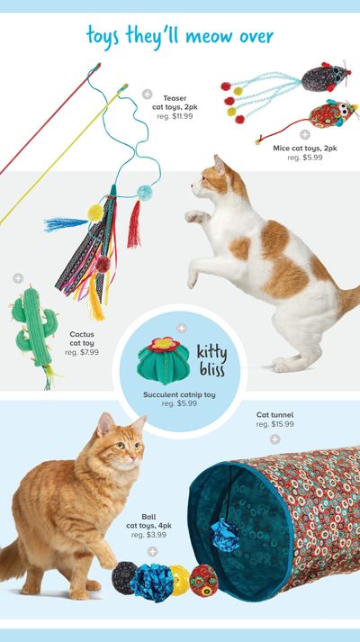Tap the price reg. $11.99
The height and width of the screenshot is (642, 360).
click(175, 116)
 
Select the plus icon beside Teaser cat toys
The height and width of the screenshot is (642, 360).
click(148, 95)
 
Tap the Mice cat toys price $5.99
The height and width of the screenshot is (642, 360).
click(305, 158)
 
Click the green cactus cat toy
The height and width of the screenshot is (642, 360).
click(33, 328)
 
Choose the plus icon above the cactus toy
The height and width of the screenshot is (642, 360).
click(18, 278)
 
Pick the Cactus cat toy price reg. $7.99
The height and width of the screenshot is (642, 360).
click(82, 352)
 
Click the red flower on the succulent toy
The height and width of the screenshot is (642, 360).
click(164, 345)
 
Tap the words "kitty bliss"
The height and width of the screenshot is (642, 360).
click(211, 361)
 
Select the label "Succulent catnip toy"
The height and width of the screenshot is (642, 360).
click(179, 395)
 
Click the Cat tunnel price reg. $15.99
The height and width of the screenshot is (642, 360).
click(274, 425)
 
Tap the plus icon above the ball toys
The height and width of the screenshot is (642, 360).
click(152, 552)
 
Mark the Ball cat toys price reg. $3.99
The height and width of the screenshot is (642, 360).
click(148, 535)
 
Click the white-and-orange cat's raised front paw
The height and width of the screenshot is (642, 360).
click(194, 216)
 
